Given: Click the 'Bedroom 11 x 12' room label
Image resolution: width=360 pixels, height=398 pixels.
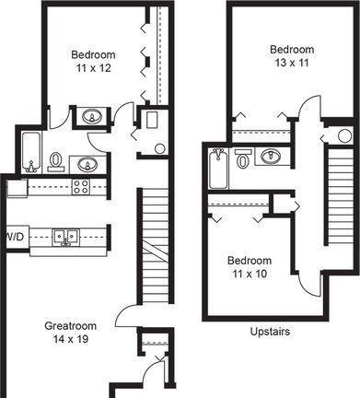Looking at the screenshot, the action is [93, 62].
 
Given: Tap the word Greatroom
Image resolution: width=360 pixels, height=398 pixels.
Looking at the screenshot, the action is [71, 326].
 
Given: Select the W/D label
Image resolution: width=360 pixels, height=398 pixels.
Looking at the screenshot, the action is [16, 237].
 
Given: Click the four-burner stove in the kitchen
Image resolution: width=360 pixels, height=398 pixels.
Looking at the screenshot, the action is [80, 187].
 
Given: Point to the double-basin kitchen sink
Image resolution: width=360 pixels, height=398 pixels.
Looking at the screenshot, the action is [65, 237].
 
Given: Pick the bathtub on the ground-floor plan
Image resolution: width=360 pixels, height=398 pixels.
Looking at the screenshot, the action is [31, 152].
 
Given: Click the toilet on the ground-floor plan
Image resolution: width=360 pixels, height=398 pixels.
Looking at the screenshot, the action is [56, 162].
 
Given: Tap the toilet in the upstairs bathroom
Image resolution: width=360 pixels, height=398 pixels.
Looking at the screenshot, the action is [243, 158].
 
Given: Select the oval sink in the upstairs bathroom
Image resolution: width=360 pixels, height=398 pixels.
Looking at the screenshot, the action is [271, 156].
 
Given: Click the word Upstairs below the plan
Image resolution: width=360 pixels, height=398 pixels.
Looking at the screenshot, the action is [270, 332].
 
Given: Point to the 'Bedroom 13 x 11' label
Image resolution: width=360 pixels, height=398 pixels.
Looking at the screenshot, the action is [292, 56].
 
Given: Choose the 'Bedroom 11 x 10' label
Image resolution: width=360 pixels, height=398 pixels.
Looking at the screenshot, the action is [250, 267].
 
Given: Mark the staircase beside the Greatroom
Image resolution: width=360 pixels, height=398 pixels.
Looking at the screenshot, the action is [156, 245].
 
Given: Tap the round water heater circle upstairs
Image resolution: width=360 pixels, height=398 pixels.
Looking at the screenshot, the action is [345, 136].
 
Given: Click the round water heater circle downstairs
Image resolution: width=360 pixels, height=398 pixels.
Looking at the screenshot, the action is [160, 148].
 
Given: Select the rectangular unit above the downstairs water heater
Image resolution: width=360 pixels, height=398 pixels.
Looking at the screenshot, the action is [152, 120].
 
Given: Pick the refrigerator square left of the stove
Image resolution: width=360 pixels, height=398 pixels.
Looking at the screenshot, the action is [17, 189].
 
